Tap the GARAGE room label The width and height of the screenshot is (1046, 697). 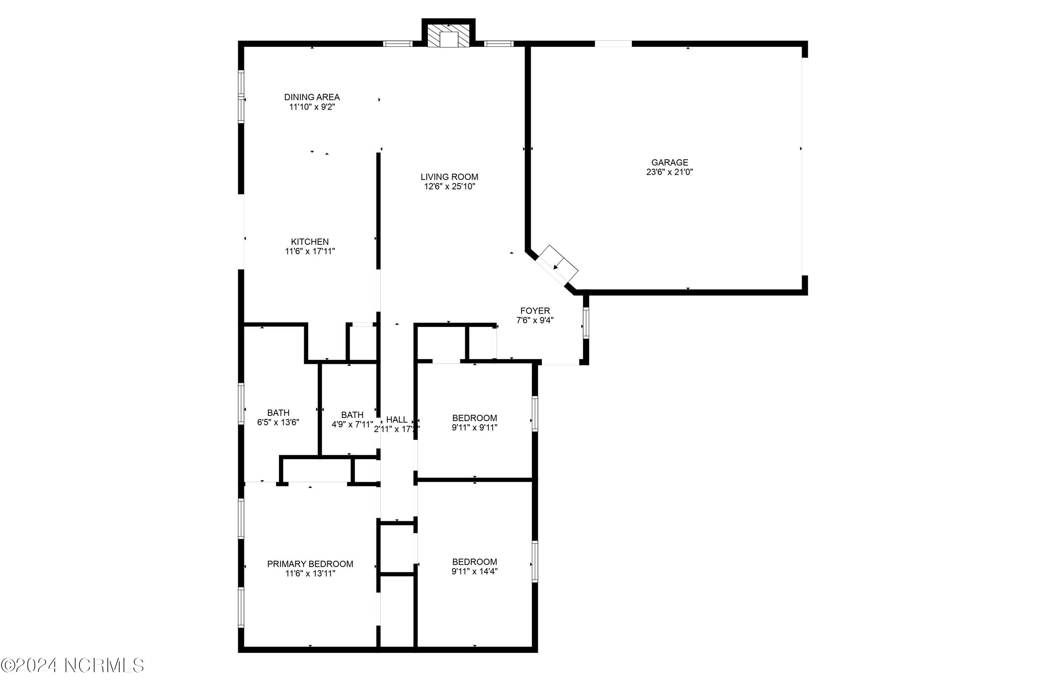669,163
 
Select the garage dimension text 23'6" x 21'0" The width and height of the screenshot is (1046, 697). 669,172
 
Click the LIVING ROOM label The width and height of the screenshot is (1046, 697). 449,177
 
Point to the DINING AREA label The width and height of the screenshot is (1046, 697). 312,97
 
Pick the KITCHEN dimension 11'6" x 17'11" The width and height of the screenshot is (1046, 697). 310,252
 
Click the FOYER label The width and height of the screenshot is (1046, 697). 535,311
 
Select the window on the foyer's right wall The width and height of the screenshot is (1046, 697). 585,323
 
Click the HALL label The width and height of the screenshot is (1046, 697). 397,420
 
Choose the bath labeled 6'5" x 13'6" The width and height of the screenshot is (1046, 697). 278,418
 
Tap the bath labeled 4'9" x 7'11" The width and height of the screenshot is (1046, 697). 352,420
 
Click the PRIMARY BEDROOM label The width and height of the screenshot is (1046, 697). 310,564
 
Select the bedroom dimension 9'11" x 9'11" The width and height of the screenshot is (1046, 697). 475,428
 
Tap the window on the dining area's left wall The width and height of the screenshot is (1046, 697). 241,97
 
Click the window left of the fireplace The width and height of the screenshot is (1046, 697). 397,44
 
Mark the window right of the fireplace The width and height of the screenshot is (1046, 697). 498,44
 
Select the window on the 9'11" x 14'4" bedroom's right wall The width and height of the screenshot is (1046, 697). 535,561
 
